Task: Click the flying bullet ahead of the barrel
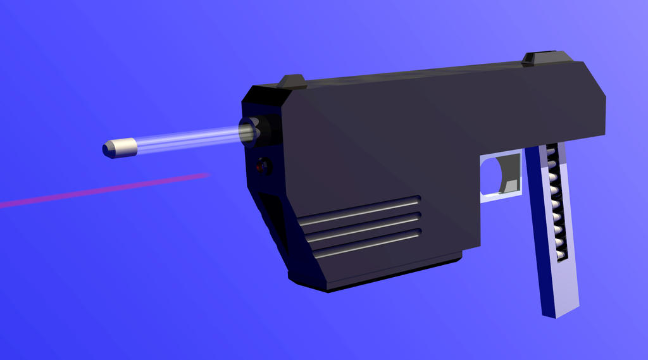point(121,148)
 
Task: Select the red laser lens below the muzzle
point(260,166)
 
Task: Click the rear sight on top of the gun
point(539,58)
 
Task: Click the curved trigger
point(509,174)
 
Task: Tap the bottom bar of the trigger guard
point(500,197)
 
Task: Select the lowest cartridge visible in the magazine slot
point(561,254)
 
